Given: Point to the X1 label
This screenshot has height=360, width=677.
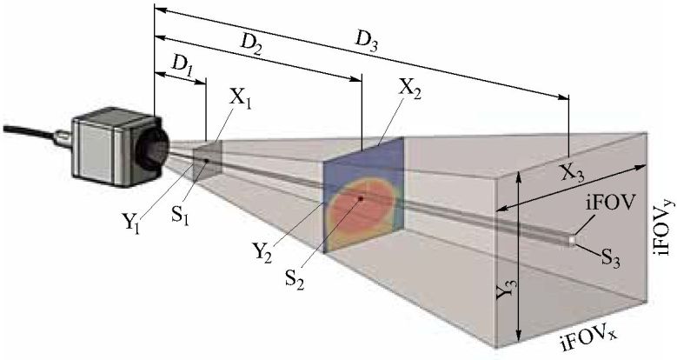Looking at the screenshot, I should (242, 98).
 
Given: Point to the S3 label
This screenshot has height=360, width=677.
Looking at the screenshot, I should (614, 257).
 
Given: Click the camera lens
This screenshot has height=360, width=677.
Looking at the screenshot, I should (154, 150).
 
